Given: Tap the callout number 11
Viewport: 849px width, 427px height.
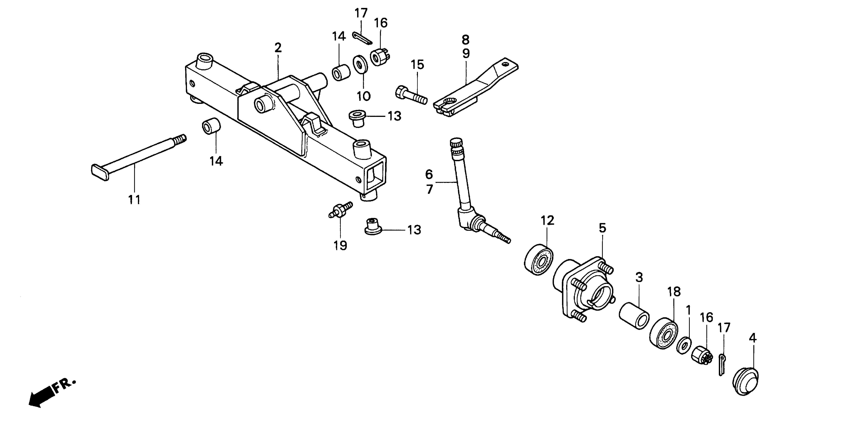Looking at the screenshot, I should coord(134,199).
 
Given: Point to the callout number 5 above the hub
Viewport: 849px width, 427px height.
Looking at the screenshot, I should coord(602,228).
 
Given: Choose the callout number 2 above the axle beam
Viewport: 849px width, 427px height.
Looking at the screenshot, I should coord(278,48).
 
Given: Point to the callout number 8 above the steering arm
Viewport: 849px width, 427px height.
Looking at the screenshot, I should coord(465,40).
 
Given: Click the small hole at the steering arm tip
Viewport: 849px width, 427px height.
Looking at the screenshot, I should coord(504,64).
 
